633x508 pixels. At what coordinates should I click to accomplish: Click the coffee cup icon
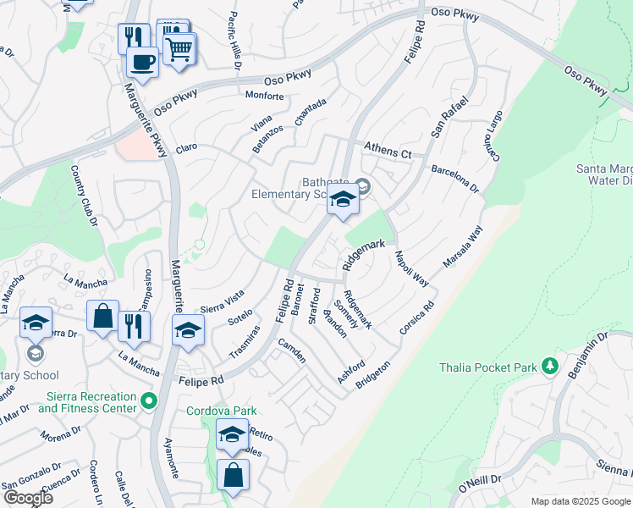pyautogui.click(x=141, y=62)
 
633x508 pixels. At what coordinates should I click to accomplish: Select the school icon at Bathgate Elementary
pyautogui.click(x=343, y=201)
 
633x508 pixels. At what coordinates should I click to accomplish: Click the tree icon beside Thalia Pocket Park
pyautogui.click(x=551, y=366)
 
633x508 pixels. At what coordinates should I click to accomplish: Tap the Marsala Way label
pyautogui.click(x=463, y=246)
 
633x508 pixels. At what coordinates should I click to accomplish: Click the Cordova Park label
pyautogui.click(x=221, y=411)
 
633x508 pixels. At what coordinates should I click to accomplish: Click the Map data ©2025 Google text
pyautogui.click(x=580, y=501)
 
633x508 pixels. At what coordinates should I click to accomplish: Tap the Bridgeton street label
pyautogui.click(x=373, y=372)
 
